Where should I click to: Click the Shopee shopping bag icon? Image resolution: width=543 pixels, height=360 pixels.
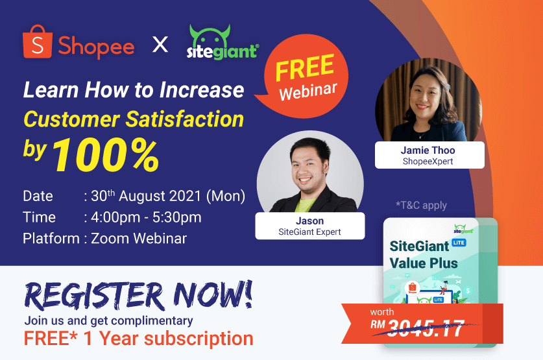click(x=38, y=43)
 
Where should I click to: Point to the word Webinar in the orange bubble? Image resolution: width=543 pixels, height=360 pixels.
click(x=308, y=90)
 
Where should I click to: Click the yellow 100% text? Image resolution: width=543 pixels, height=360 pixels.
click(x=105, y=156)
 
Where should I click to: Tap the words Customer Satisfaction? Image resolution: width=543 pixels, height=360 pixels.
click(x=134, y=119)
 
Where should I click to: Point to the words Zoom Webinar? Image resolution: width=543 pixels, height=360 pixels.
click(x=139, y=238)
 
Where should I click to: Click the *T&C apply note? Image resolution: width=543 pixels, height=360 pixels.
click(x=421, y=206)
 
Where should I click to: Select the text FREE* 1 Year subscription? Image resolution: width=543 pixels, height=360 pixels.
click(x=138, y=338)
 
